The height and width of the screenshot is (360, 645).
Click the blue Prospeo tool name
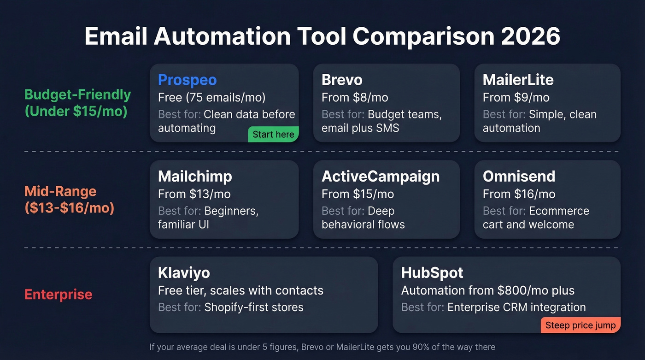pos(187,80)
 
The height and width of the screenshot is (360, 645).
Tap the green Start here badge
pos(273,135)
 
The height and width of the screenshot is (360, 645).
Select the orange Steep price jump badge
pos(580,325)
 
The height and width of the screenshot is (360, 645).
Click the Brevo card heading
pos(342,80)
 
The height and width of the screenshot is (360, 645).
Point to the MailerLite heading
pos(518,80)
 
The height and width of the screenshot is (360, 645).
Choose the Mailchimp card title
pos(195,176)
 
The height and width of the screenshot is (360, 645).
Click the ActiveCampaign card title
pos(381,176)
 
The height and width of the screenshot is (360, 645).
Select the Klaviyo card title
pos(184,272)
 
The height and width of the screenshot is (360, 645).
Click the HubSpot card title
pos(432,272)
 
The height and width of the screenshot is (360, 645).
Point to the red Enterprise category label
pos(58,295)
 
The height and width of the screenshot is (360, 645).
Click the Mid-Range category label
pos(60,191)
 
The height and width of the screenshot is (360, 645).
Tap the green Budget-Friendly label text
pos(77,95)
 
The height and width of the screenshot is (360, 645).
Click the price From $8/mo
pos(355,98)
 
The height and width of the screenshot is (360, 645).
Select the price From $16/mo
pos(519,194)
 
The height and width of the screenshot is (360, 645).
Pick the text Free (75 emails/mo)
pos(211,98)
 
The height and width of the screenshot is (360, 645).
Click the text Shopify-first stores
pos(253,307)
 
